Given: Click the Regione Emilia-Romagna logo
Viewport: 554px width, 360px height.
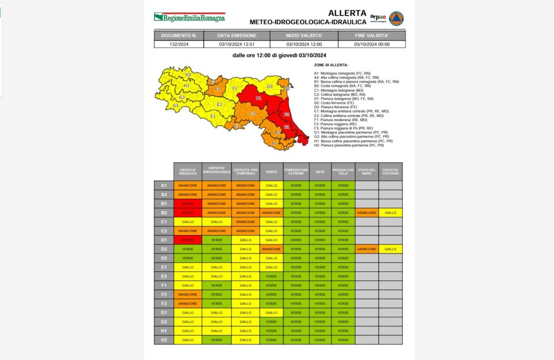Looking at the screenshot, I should pos(189,17).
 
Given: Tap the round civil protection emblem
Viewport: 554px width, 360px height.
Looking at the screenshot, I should pos(397,18).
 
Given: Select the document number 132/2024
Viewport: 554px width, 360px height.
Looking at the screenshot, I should pos(179,44).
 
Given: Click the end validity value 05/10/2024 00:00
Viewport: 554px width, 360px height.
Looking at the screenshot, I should pos(372,44).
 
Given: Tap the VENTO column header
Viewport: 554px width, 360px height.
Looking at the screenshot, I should pos(271,171).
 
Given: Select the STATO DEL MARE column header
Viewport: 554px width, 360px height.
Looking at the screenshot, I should pos(366,171).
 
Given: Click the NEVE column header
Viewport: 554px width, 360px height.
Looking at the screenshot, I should pos(320,171).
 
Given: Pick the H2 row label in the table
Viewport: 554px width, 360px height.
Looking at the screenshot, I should pos(163,339).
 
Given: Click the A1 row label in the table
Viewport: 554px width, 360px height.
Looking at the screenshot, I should pos(163,185).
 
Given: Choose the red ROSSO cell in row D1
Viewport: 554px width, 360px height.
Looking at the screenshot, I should pos(187,239).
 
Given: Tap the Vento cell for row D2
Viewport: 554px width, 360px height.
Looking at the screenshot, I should pos(271,249).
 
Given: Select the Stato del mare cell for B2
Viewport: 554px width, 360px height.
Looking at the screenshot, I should pos(366,212).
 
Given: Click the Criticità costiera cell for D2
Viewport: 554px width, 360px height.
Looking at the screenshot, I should pos(390,249).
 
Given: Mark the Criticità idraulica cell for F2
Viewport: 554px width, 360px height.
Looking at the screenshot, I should pos(187,294).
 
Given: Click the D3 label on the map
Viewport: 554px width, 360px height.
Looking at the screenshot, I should pos(269,86).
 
